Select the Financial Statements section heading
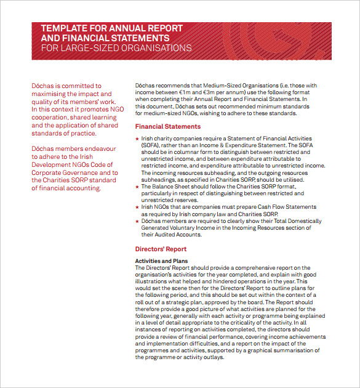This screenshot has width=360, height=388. (x=167, y=127)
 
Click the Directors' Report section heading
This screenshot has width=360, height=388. (x=161, y=249)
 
